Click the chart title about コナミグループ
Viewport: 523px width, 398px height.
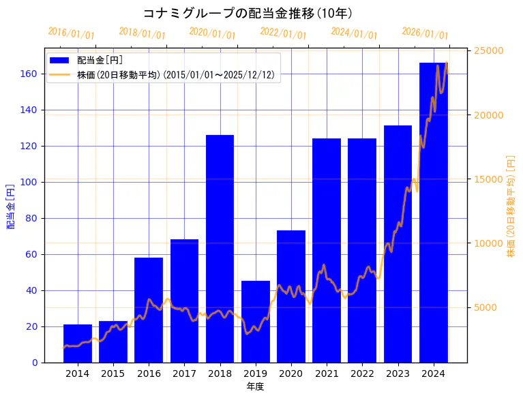(248, 13)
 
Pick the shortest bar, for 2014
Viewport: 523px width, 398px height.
(78, 343)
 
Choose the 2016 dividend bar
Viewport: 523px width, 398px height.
(149, 310)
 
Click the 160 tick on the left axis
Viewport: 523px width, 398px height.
(29, 74)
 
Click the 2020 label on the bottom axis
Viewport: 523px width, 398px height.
(291, 373)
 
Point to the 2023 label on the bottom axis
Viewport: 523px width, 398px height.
(398, 373)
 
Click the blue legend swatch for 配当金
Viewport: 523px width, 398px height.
(59, 61)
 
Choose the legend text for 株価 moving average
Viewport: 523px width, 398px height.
(176, 76)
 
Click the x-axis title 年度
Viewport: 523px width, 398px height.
(255, 386)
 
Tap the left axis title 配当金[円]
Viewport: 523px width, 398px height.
(11, 206)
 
